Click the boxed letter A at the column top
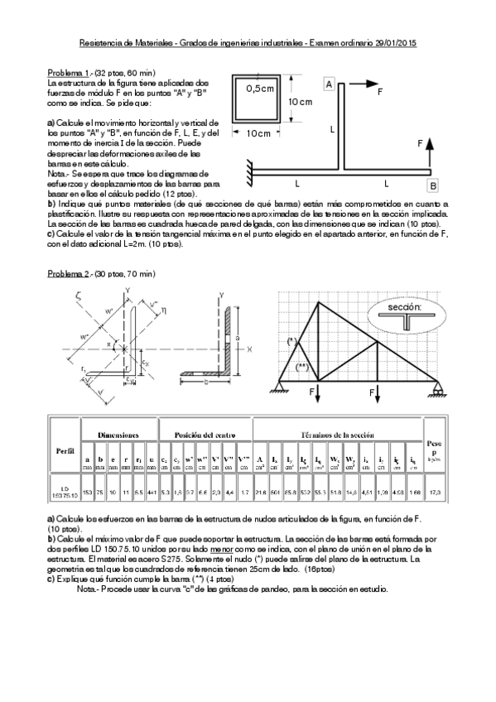click(329, 84)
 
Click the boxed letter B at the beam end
click(432, 185)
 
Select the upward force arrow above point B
click(430, 157)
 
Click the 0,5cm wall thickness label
click(260, 89)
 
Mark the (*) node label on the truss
click(291, 341)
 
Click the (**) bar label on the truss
click(303, 366)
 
